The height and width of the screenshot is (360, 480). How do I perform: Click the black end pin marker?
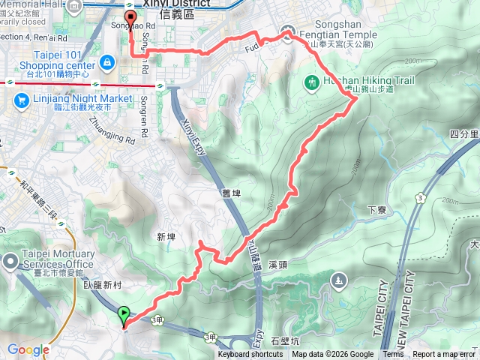(x=131, y=22)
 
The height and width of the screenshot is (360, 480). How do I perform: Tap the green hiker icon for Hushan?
(x=312, y=81)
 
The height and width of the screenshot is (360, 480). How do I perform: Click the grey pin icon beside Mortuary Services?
(x=10, y=261)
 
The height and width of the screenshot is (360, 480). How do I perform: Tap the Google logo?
(x=28, y=349)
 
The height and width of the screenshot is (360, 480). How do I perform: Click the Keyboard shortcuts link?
(x=250, y=355)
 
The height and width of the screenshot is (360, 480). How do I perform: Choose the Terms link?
(x=393, y=355)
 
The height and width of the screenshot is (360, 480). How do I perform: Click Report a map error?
(x=443, y=355)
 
